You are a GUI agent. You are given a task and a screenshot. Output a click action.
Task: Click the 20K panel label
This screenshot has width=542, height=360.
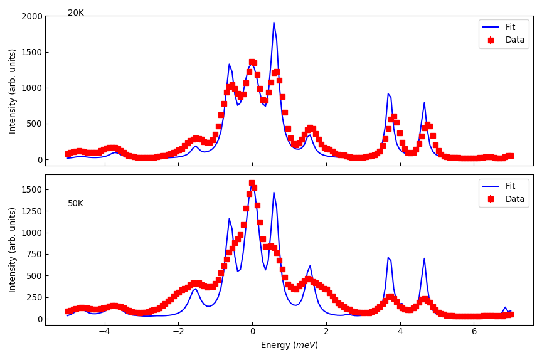pyautogui.click(x=76, y=13)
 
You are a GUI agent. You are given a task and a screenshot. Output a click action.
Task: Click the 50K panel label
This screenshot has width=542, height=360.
pyautogui.click(x=76, y=204)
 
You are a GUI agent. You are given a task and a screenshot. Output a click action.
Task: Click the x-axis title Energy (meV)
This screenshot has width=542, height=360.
pyautogui.click(x=289, y=345)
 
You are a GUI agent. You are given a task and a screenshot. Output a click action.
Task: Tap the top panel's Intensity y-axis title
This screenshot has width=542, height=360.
pyautogui.click(x=13, y=91)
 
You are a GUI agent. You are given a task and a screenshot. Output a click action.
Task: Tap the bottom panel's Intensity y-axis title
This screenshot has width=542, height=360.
pyautogui.click(x=13, y=250)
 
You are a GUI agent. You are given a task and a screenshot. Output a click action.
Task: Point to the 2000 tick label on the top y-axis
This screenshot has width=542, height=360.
pyautogui.click(x=31, y=16)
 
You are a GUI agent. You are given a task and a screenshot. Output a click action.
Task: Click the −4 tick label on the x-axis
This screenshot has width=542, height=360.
pyautogui.click(x=104, y=332)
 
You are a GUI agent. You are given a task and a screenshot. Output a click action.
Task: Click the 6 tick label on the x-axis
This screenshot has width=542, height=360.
pyautogui.click(x=474, y=332)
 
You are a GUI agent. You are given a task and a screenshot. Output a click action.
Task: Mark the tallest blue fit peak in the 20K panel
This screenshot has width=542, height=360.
pyautogui.click(x=274, y=23)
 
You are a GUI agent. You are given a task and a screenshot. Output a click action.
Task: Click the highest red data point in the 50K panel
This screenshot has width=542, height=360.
pyautogui.click(x=252, y=183)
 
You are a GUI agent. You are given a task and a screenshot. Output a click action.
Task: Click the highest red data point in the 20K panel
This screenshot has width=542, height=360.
pyautogui.click(x=252, y=62)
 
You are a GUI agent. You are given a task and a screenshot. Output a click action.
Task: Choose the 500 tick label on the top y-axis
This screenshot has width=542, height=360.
pyautogui.click(x=33, y=124)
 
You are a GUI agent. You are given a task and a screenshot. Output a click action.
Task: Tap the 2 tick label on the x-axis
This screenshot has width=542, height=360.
pyautogui.click(x=326, y=332)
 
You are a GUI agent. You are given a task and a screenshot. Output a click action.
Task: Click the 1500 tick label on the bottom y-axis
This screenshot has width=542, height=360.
pyautogui.click(x=31, y=189)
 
